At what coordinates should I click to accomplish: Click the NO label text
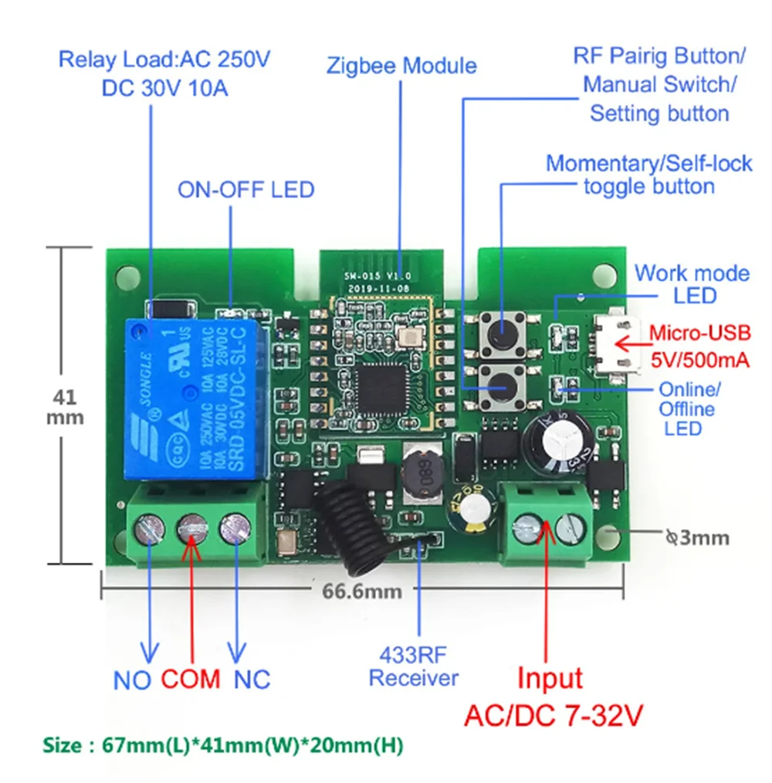pyautogui.click(x=132, y=680)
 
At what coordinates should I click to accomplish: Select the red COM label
pyautogui.click(x=191, y=680)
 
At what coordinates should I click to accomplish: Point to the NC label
pyautogui.click(x=252, y=680)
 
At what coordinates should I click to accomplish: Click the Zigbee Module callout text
pyautogui.click(x=401, y=65)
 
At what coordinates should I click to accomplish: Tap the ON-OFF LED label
pyautogui.click(x=245, y=189)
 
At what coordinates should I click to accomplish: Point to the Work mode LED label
pyautogui.click(x=692, y=283)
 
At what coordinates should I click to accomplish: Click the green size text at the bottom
pyautogui.click(x=222, y=746)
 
